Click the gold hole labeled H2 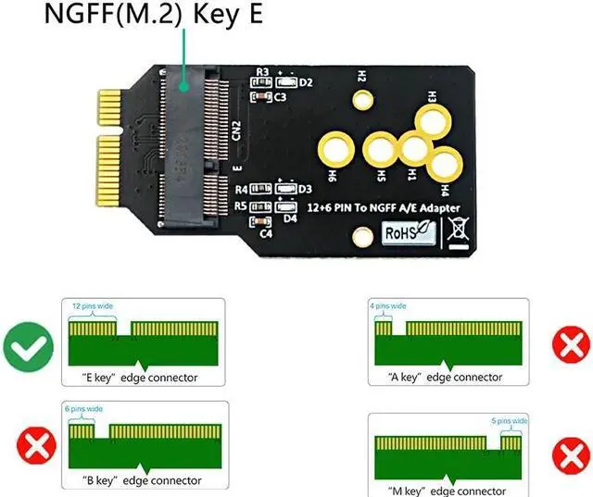point(361,97)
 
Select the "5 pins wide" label point(509,420)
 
